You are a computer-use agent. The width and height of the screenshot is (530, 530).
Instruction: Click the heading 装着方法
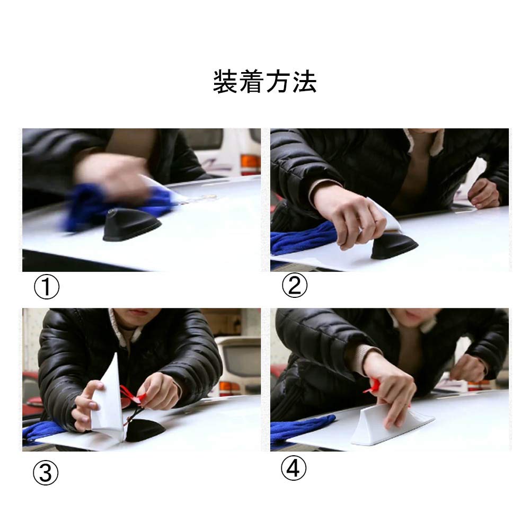coord(264,82)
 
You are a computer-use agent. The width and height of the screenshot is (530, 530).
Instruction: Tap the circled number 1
coord(47,287)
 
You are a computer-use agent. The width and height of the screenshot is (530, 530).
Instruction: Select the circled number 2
coord(294,286)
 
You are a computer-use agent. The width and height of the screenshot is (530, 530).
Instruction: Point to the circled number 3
coord(46,473)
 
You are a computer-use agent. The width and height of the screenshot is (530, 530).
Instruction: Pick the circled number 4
coord(294,468)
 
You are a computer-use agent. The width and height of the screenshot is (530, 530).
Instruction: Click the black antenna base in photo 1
coord(132,225)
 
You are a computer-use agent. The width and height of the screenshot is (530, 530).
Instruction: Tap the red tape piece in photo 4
coord(373,386)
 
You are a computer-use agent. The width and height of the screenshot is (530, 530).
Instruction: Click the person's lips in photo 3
coord(138,312)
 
